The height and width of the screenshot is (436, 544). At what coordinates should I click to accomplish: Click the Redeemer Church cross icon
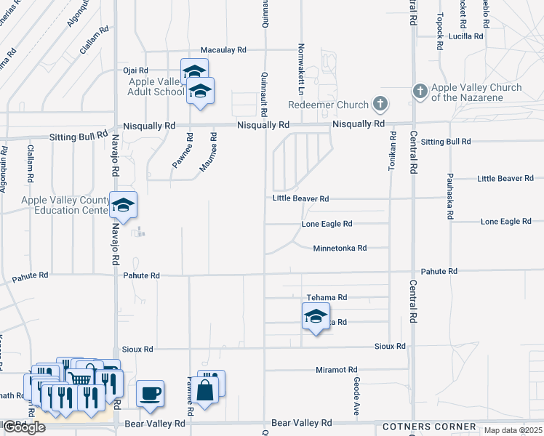pos(380,105)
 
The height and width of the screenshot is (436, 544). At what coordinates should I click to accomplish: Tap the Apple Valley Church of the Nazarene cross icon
pos(420,92)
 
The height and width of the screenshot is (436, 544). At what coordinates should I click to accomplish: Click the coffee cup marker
pos(150,394)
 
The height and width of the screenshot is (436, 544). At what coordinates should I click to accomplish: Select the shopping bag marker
pos(207,389)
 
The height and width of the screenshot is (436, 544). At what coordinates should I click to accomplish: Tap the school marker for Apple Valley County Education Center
pos(123,206)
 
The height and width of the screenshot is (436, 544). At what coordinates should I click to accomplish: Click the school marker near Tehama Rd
pos(315,317)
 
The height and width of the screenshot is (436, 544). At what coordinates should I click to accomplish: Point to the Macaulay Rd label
pos(224,49)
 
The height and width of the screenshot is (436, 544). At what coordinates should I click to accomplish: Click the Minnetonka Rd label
pos(340,248)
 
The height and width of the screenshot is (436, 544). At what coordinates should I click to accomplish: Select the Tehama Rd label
pos(327,297)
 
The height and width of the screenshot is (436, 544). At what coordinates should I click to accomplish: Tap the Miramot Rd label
pos(337,370)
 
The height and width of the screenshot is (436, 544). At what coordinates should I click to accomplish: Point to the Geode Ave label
pos(356,396)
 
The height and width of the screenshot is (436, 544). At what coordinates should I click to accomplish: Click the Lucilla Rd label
pos(466,36)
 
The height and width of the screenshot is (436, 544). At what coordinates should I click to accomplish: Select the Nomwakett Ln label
pos(300,69)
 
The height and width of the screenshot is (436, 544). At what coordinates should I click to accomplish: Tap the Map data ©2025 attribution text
pos(512,430)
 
